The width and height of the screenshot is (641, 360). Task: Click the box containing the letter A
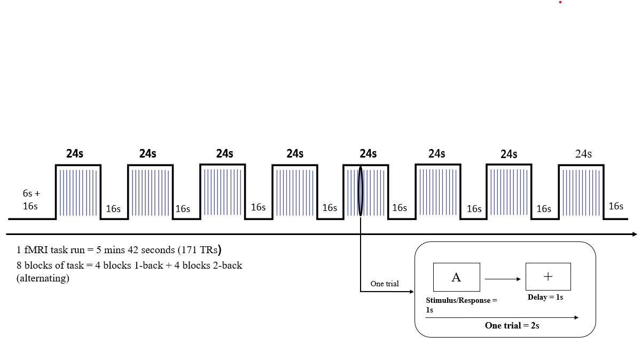click(x=456, y=277)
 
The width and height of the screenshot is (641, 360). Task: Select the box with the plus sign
click(x=548, y=277)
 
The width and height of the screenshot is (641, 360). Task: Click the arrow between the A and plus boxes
click(x=503, y=279)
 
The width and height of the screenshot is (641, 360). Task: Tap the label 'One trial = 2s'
click(x=512, y=325)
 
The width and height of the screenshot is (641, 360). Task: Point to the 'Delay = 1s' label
click(x=545, y=297)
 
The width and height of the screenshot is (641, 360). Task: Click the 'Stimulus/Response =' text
click(x=462, y=300)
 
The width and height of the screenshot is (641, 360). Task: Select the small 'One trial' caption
click(x=385, y=284)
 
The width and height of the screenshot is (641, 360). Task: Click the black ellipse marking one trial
click(x=361, y=191)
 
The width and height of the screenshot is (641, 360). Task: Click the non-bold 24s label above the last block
click(x=583, y=154)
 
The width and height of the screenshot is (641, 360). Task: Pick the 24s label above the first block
click(x=75, y=154)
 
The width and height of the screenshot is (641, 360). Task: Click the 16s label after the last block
click(x=616, y=206)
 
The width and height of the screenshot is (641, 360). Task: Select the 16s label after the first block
click(x=113, y=209)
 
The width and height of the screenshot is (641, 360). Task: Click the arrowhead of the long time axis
click(x=634, y=234)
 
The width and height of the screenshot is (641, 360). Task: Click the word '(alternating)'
click(x=43, y=278)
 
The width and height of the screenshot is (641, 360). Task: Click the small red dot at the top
click(x=560, y=2)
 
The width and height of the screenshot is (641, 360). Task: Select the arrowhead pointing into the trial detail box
click(x=411, y=291)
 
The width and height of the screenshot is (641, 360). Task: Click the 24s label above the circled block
click(x=368, y=154)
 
